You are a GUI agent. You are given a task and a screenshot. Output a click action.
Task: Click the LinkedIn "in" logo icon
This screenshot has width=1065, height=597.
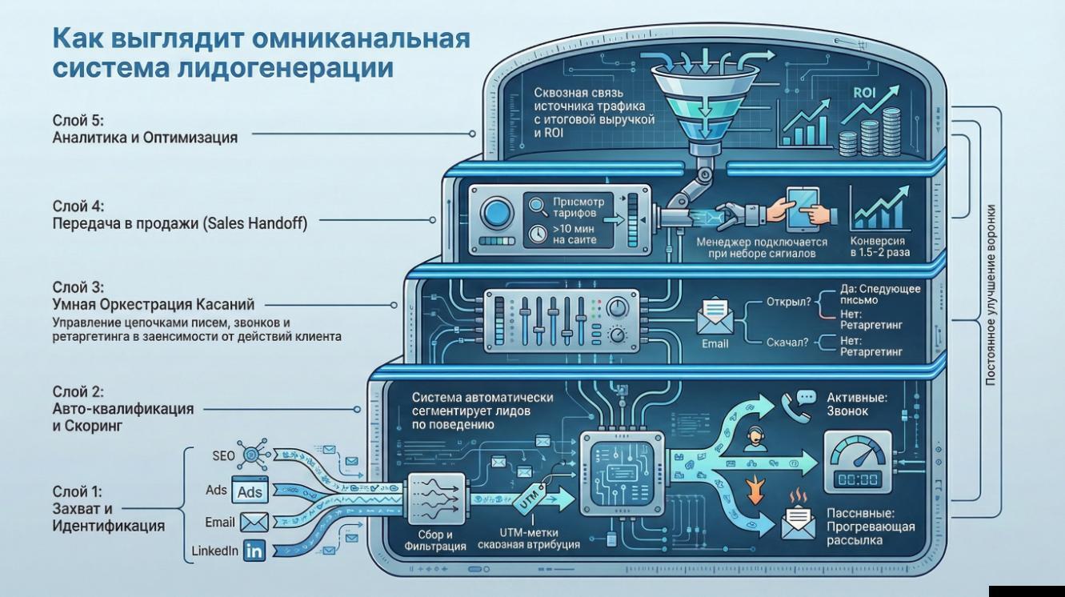click(x=254, y=551)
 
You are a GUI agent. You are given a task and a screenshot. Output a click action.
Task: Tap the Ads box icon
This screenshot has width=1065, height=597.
click(x=250, y=491)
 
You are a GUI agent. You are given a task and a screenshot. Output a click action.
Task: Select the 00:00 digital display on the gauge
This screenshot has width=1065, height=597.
click(x=857, y=479)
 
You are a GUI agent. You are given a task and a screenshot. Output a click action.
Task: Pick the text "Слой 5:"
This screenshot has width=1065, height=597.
click(x=78, y=120)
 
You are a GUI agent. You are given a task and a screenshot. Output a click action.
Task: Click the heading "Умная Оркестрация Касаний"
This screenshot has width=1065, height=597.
click(x=154, y=304)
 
